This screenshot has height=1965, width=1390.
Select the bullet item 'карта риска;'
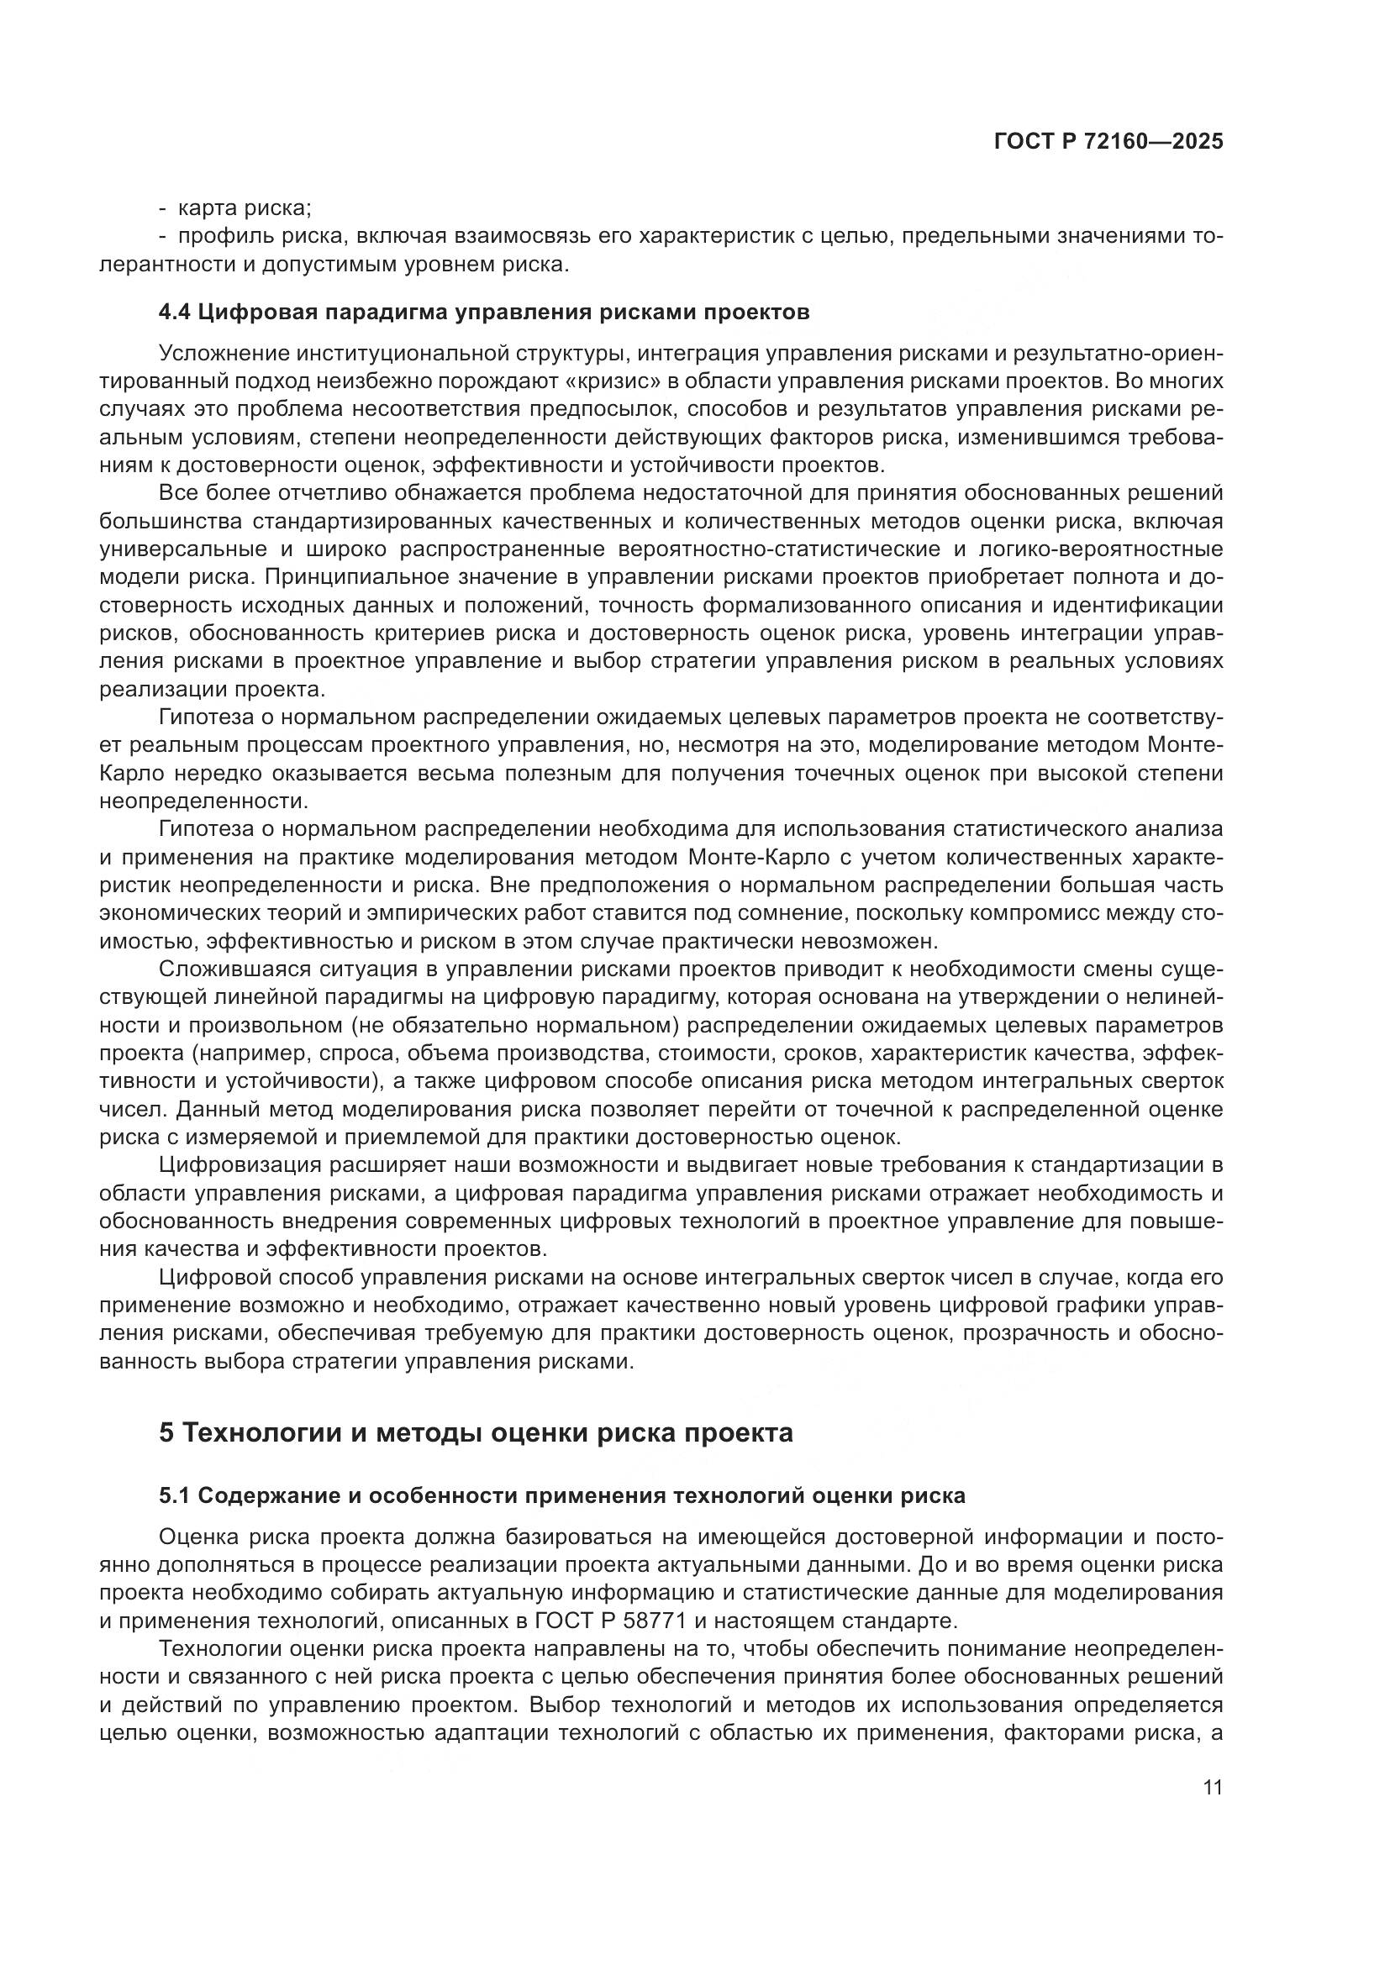pyautogui.click(x=245, y=208)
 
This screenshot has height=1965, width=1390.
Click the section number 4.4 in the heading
pyautogui.click(x=175, y=312)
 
